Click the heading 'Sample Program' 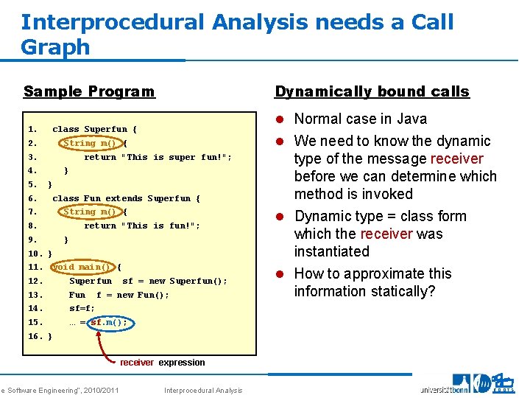(89, 92)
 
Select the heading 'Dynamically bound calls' (372, 92)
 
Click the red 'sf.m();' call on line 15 (109, 322)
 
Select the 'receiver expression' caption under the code (163, 363)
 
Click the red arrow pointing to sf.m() (110, 346)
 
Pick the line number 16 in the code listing (34, 336)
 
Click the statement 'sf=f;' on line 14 (82, 309)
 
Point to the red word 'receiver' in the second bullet (456, 159)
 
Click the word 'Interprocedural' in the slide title (111, 22)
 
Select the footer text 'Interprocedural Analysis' (203, 390)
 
